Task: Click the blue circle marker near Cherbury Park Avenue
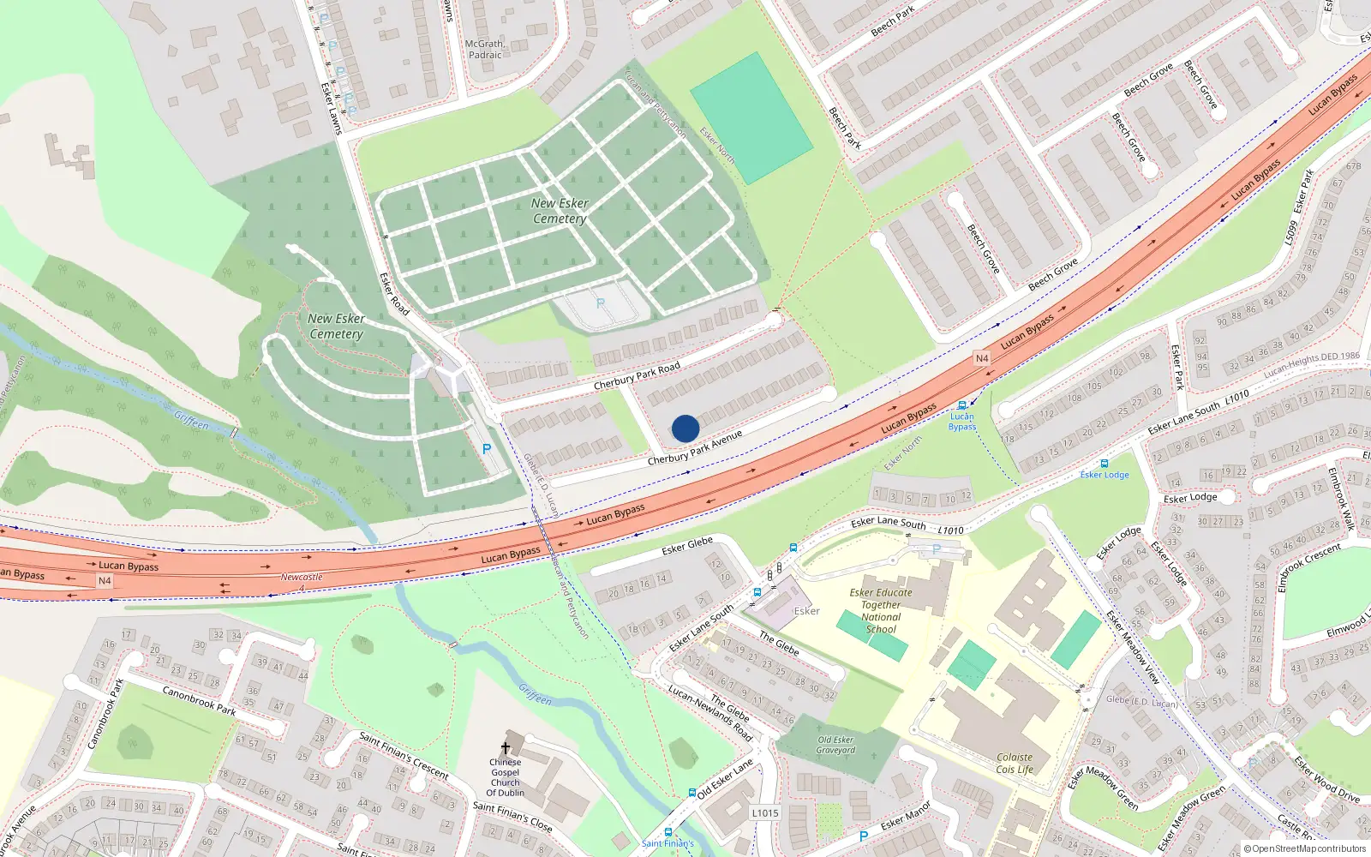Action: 685,428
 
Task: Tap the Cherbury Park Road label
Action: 637,375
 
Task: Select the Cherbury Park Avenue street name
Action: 694,448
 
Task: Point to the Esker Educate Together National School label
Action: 881,610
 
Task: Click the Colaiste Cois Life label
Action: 1015,764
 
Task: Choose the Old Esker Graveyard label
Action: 835,745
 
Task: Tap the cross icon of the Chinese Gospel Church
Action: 505,747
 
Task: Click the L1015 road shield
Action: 765,813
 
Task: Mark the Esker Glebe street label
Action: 687,546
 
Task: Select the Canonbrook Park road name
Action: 199,700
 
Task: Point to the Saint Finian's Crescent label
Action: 404,754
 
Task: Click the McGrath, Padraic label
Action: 485,49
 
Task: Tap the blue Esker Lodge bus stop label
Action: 1105,475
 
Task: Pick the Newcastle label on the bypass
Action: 302,577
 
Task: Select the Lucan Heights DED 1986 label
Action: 1311,363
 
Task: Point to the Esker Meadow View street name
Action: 1132,647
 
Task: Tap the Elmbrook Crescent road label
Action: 1308,566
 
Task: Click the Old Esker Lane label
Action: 725,778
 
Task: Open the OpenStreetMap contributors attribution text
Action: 1306,849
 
